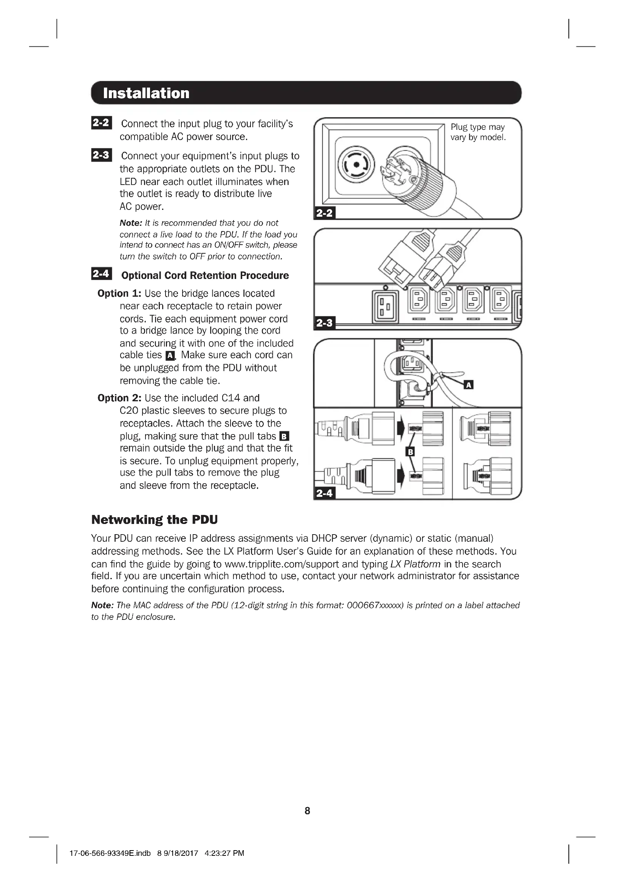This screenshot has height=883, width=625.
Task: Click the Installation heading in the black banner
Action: point(146,93)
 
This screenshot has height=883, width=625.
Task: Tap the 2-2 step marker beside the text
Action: point(101,123)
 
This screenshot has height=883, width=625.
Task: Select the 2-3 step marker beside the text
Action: point(101,155)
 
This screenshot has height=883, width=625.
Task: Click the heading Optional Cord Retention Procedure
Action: point(205,275)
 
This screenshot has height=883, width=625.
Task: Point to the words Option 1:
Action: point(119,293)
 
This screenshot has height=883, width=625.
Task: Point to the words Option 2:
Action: point(119,398)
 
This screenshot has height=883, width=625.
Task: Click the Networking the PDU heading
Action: point(154,519)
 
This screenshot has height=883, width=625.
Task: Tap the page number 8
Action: point(307,811)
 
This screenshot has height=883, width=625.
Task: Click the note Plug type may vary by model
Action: point(478,132)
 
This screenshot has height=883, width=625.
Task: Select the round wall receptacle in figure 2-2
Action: point(356,165)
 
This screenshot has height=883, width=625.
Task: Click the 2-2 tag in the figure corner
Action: point(325,213)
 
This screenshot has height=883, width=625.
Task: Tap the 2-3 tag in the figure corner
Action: point(325,323)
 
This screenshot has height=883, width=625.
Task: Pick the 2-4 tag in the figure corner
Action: point(325,493)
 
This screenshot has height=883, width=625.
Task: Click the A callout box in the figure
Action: point(468,385)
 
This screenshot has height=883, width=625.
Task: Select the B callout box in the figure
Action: point(411,452)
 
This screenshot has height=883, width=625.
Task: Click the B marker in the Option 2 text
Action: point(284,436)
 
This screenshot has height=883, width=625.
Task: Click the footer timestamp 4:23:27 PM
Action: point(224,853)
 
